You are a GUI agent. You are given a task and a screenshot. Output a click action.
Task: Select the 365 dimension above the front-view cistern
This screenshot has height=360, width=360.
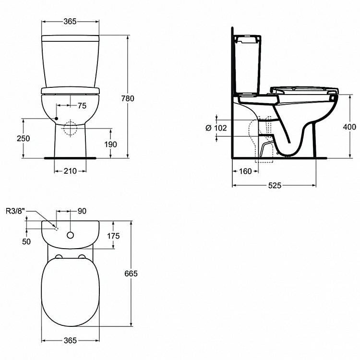point(71,21)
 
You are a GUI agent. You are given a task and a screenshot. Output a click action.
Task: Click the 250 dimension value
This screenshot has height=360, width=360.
point(24,138)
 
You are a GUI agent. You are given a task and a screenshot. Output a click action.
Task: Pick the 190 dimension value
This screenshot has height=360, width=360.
point(110,144)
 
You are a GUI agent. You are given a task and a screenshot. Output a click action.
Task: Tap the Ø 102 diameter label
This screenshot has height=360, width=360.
point(215,128)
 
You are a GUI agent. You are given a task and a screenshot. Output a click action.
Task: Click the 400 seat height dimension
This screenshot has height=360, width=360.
point(350,127)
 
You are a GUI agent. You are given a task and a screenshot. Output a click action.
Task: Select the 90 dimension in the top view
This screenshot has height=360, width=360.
point(81,210)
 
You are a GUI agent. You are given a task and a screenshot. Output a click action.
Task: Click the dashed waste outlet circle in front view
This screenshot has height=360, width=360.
point(70,129)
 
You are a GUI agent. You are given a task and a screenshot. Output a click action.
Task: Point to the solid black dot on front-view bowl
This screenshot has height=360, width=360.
point(56,118)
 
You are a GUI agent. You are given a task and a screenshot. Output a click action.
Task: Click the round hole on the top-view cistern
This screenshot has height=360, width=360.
point(71,235)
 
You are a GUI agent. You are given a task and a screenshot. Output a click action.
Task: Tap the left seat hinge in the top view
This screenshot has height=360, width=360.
point(59,257)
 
